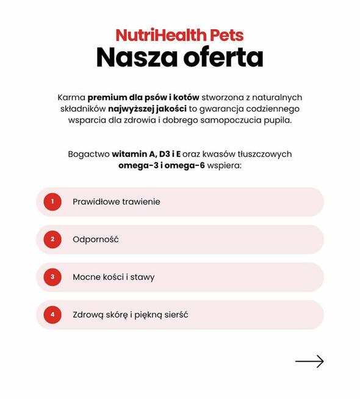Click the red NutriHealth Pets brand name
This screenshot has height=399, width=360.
tap(179, 35)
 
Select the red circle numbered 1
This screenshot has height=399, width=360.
tap(52, 201)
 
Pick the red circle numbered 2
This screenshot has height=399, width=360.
tap(52, 239)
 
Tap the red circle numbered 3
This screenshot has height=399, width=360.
tap(52, 277)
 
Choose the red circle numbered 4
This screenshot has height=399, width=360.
tap(52, 315)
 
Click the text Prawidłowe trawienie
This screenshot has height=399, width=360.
tap(116, 201)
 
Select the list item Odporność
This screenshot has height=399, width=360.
tap(95, 239)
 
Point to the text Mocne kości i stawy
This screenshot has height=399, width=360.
tap(113, 277)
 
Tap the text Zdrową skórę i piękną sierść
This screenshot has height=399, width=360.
tap(130, 315)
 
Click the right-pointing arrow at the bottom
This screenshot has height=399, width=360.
tap(309, 362)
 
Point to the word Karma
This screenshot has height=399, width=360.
tap(71, 98)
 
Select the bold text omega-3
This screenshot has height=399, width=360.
tap(138, 165)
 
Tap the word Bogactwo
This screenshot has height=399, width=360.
tap(88, 154)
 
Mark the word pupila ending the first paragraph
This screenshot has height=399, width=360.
tap(278, 120)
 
